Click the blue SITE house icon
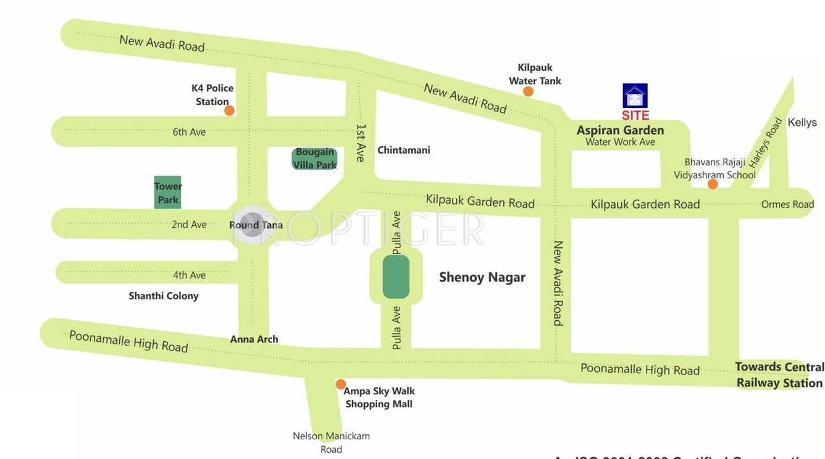(x=635, y=96)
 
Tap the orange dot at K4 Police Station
(x=229, y=110)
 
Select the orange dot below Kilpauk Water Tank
(x=528, y=91)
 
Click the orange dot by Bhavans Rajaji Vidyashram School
(x=713, y=184)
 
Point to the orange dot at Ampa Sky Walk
(x=341, y=384)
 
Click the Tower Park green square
(x=167, y=192)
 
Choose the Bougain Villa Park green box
(x=314, y=159)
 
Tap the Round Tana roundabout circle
(x=252, y=224)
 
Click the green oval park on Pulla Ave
(x=396, y=277)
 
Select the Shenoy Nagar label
(x=482, y=277)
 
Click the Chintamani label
(x=404, y=150)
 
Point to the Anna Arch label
(x=254, y=339)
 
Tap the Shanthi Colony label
(x=164, y=296)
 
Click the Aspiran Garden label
(x=620, y=130)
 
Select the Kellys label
(x=802, y=122)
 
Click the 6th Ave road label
(x=189, y=131)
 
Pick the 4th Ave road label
(x=189, y=275)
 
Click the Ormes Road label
(x=787, y=204)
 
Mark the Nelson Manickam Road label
(x=331, y=442)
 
